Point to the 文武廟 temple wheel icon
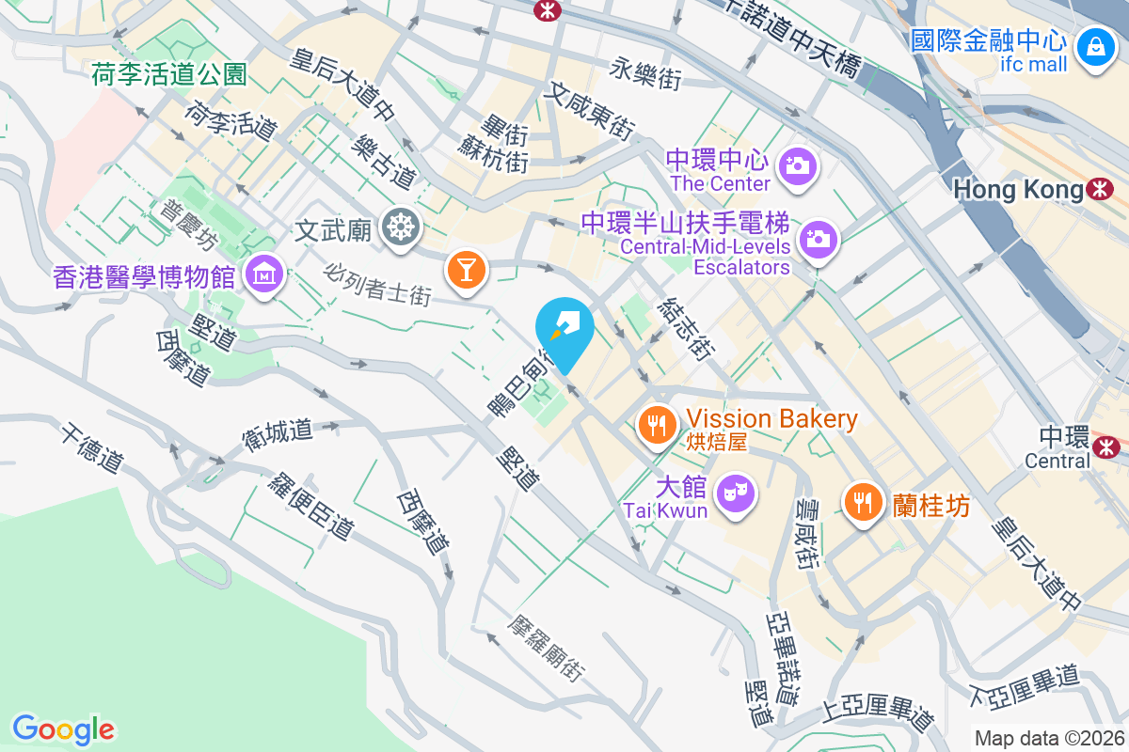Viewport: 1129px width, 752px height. point(402,227)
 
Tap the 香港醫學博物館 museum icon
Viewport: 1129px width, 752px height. point(264,274)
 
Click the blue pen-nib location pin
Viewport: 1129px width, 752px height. point(564,329)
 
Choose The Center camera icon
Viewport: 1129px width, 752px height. point(797,165)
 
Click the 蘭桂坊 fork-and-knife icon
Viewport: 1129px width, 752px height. point(862,501)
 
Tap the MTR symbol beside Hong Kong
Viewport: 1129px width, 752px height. point(1098,189)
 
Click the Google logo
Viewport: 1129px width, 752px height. point(63,728)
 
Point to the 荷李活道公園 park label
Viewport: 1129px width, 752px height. point(169,73)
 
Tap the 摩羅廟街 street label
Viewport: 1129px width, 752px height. point(547,649)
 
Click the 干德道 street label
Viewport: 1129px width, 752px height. point(92,448)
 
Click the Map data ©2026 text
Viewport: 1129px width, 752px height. point(1049,738)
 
